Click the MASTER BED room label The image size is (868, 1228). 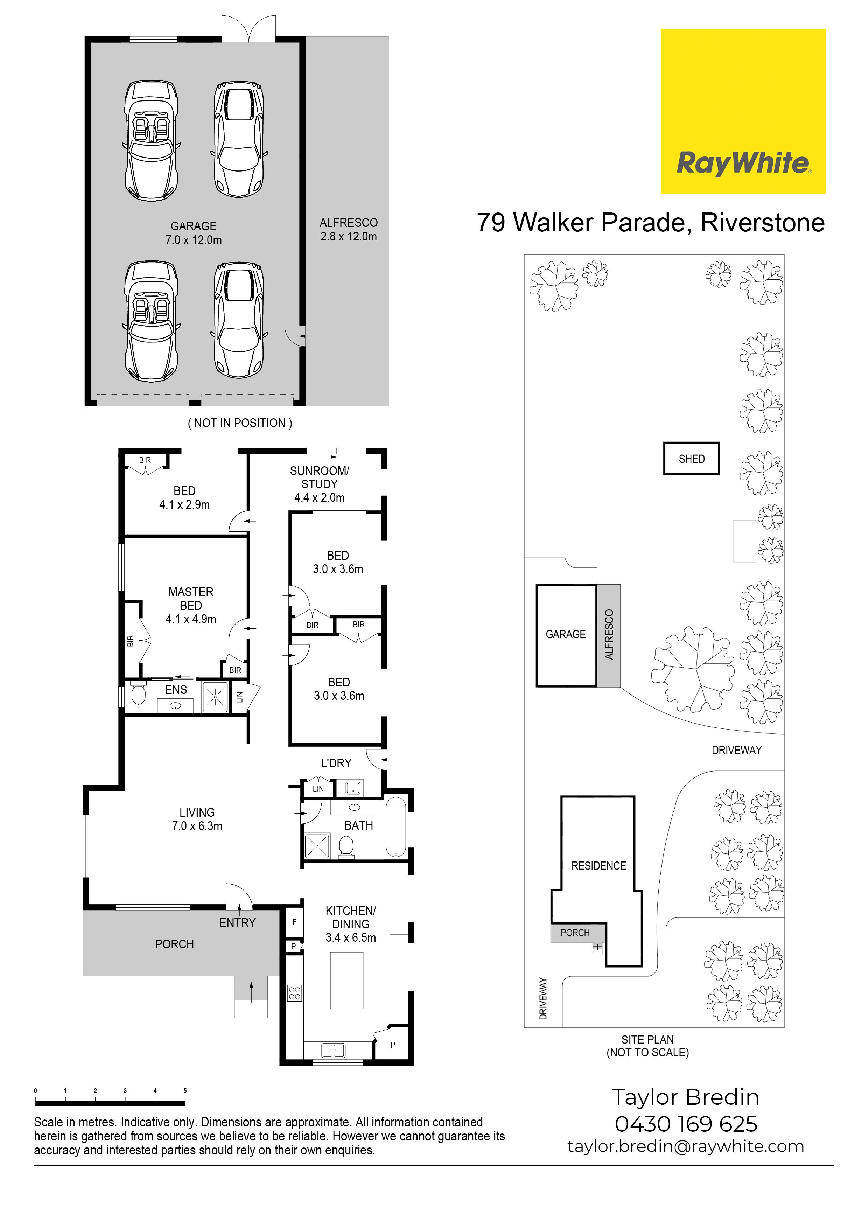[x=191, y=606]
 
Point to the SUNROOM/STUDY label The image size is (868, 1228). [x=319, y=484]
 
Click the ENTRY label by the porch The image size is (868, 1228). [x=237, y=923]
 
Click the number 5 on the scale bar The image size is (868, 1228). [x=185, y=1090]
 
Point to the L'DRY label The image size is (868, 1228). [x=336, y=763]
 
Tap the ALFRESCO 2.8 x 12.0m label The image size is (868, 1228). [x=349, y=229]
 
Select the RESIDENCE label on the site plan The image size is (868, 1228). [x=598, y=865]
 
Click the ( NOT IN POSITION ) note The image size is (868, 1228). [x=240, y=423]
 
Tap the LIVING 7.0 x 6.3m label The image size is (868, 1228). [x=197, y=819]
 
